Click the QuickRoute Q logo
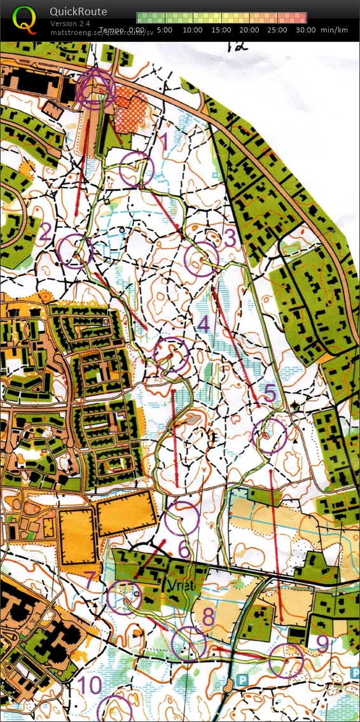pos(24,18)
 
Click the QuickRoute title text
pos(78,11)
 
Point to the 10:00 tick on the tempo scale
pos(192,30)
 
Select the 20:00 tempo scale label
pos(250,30)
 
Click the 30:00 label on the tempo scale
pos(306,30)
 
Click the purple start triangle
pos(95,86)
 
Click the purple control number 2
pos(45,233)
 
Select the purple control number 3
pos(230,239)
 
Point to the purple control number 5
pos(270,394)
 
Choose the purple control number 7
pos(90,580)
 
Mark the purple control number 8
pos(209,616)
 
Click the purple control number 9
pos(322,644)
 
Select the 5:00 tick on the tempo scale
pos(165,30)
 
